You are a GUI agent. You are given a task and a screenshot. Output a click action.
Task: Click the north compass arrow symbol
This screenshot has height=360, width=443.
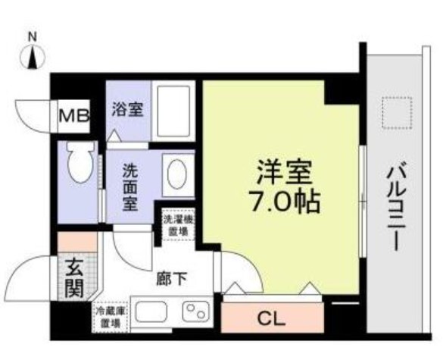32,56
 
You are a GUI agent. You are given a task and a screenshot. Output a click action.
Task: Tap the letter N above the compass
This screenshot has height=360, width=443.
32,36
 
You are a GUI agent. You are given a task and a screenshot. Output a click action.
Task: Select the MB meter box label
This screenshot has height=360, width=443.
74,116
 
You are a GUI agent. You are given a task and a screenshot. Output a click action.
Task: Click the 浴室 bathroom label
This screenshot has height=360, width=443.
126,110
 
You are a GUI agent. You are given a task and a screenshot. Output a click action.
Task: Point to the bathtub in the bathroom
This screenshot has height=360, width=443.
175,111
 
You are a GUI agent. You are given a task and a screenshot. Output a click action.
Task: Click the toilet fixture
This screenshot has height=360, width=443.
78,162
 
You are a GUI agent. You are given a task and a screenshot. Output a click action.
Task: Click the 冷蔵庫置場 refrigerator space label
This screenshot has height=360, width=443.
110,317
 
